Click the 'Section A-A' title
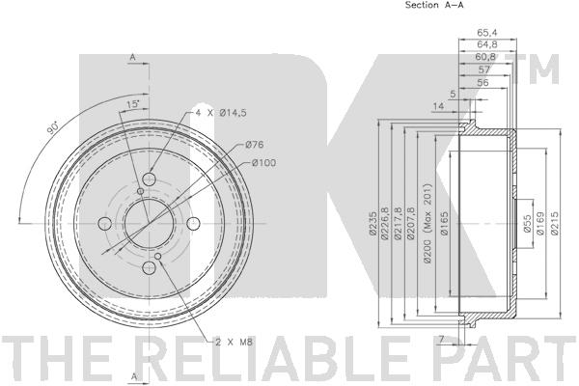click(x=434, y=5)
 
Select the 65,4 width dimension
click(x=487, y=33)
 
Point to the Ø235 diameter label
click(x=372, y=224)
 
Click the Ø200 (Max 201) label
click(x=427, y=223)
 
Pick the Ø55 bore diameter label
click(x=527, y=224)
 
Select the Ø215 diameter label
click(x=554, y=223)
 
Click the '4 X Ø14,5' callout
click(x=221, y=113)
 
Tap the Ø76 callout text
click(x=254, y=145)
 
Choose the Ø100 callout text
click(x=263, y=162)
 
